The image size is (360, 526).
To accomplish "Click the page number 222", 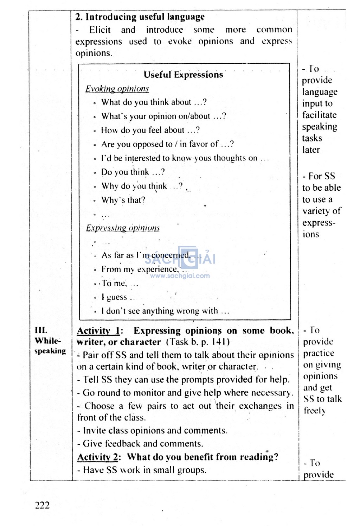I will [x=42, y=505].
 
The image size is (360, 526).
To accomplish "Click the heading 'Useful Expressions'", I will [x=183, y=75].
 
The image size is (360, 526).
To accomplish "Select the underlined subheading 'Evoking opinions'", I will [x=117, y=89].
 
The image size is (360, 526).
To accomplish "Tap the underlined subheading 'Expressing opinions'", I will [x=123, y=228].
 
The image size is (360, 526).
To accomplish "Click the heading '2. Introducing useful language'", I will [x=140, y=17].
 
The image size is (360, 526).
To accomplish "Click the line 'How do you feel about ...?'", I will [x=150, y=130].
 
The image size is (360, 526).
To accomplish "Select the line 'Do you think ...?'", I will [x=133, y=172].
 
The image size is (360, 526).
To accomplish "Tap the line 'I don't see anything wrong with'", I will [x=165, y=311].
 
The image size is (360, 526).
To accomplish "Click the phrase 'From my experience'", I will [x=139, y=269].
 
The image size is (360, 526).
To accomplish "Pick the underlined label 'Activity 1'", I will [x=98, y=331].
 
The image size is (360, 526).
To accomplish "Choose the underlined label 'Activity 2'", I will [x=98, y=457].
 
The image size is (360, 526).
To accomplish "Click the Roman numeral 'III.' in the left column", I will [x=41, y=330].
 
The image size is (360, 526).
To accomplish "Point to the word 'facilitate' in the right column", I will [x=319, y=115].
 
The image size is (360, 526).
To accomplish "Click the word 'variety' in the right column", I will [x=316, y=211].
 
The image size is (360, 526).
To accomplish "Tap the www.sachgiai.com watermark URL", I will [x=180, y=276].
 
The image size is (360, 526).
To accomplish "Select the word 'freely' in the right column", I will [x=315, y=411].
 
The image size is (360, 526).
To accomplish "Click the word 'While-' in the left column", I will [x=48, y=341].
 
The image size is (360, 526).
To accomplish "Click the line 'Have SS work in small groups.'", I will [x=144, y=470].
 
